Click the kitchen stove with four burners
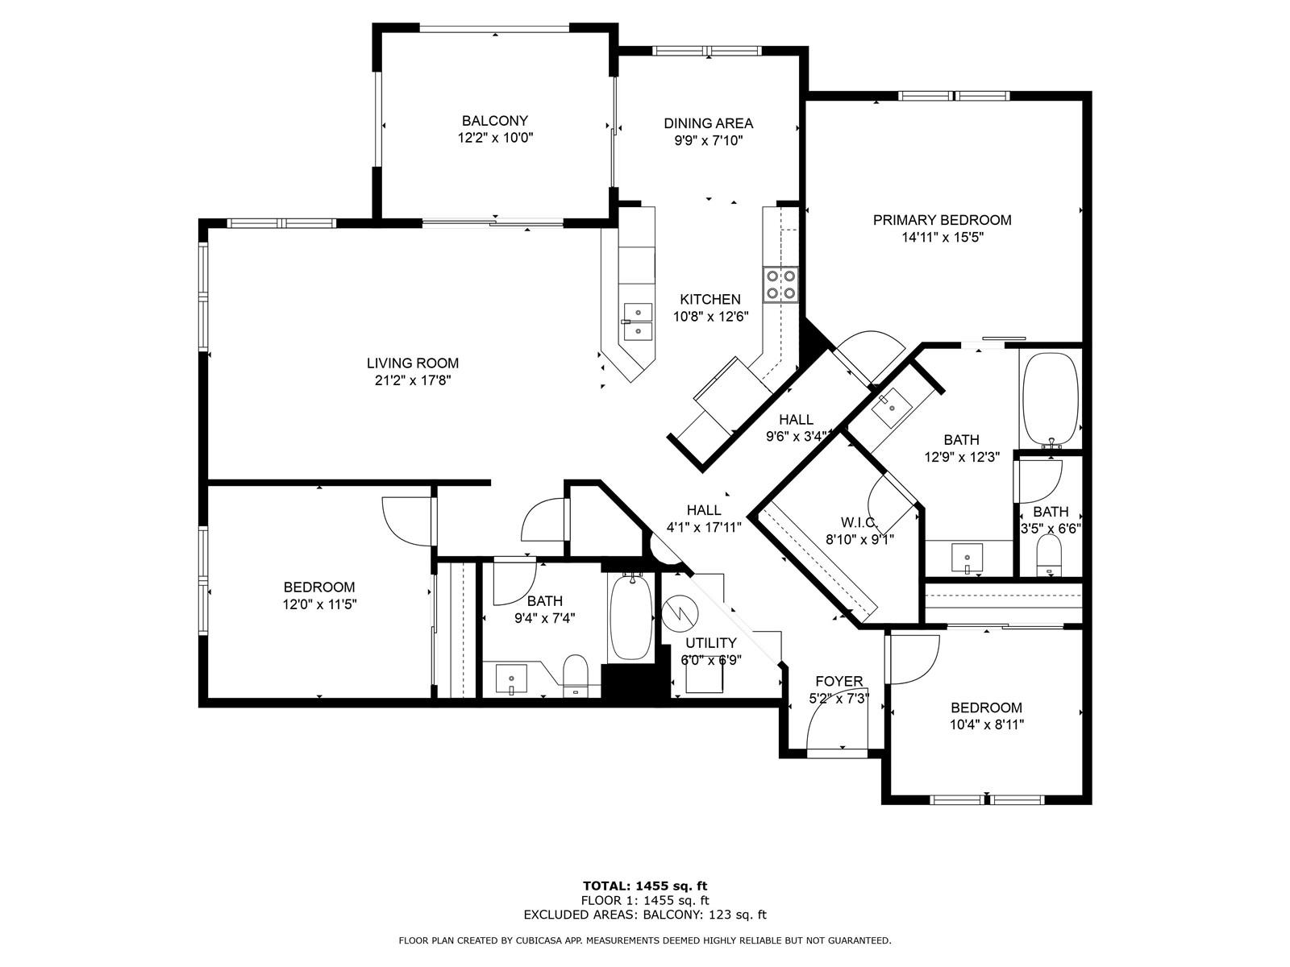pyautogui.click(x=780, y=284)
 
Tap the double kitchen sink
pyautogui.click(x=638, y=322)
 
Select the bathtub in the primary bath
pyautogui.click(x=1051, y=400)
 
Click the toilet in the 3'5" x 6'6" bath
pyautogui.click(x=1051, y=555)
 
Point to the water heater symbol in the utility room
pyautogui.click(x=680, y=613)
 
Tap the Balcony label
pyautogui.click(x=494, y=121)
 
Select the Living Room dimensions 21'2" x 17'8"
pyautogui.click(x=413, y=380)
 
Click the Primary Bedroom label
pyautogui.click(x=942, y=220)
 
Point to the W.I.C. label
pyautogui.click(x=859, y=522)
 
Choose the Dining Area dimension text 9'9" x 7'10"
pyautogui.click(x=708, y=141)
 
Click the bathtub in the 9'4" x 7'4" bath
pyautogui.click(x=630, y=617)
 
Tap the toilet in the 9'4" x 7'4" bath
pyautogui.click(x=576, y=675)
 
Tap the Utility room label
pyautogui.click(x=710, y=643)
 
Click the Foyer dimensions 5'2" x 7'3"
pyautogui.click(x=838, y=699)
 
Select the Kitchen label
pyautogui.click(x=710, y=300)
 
